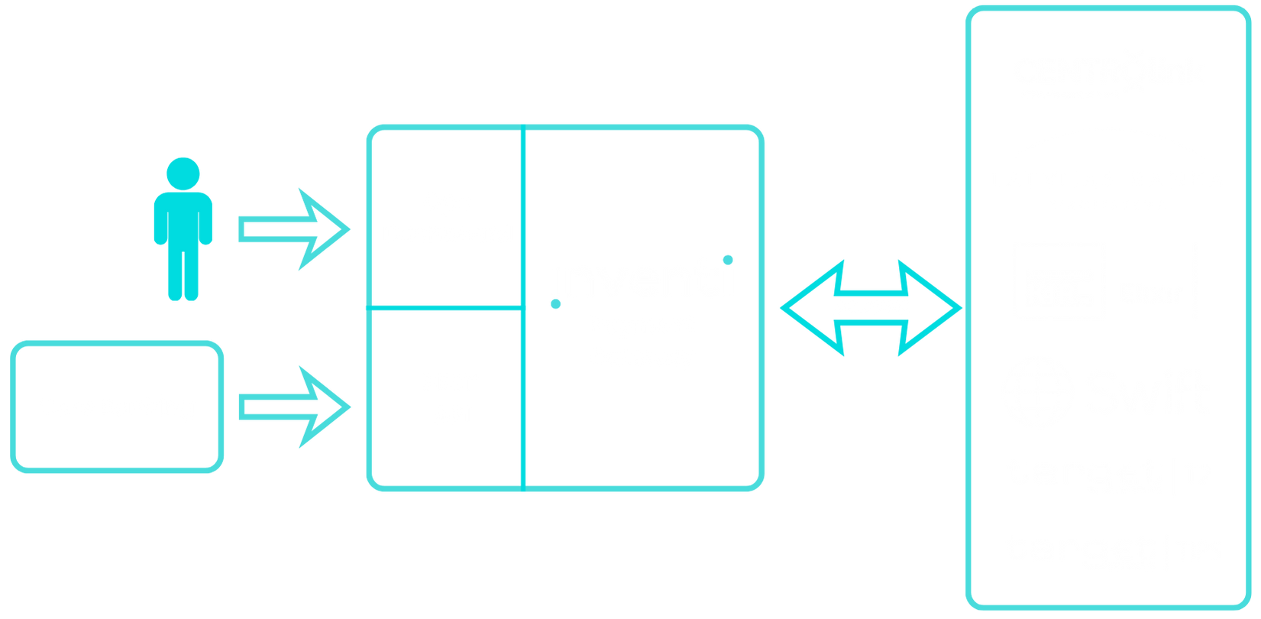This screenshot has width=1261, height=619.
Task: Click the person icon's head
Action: pyautogui.click(x=183, y=173)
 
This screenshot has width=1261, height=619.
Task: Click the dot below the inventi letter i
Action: pyautogui.click(x=555, y=304)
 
